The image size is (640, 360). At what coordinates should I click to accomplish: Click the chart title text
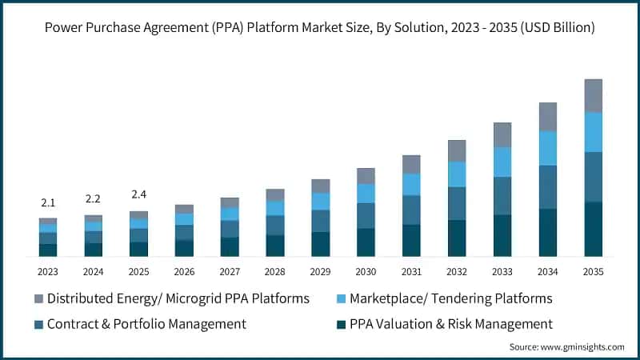pyautogui.click(x=320, y=27)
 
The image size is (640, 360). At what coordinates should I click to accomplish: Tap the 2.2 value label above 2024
pyautogui.click(x=94, y=199)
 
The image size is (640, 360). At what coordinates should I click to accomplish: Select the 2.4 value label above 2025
pyautogui.click(x=139, y=194)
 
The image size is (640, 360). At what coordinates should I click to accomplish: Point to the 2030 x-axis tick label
pyautogui.click(x=366, y=271)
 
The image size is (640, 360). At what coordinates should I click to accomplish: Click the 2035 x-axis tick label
pyautogui.click(x=593, y=271)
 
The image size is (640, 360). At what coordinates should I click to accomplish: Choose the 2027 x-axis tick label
pyautogui.click(x=230, y=271)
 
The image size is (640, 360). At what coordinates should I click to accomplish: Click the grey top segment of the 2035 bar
pyautogui.click(x=593, y=95)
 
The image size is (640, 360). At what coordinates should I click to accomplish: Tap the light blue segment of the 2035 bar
pyautogui.click(x=593, y=132)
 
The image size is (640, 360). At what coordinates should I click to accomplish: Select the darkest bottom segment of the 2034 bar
pyautogui.click(x=547, y=233)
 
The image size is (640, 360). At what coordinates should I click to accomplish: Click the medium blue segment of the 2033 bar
pyautogui.click(x=502, y=196)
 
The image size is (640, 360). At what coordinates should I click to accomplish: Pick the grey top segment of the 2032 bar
pyautogui.click(x=457, y=150)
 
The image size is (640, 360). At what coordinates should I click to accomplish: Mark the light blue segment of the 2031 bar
pyautogui.click(x=411, y=185)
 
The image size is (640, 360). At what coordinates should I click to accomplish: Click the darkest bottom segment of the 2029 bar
pyautogui.click(x=320, y=244)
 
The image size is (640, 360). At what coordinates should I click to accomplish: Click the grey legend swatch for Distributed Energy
pyautogui.click(x=38, y=299)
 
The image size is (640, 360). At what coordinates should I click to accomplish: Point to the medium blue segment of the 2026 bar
pyautogui.click(x=184, y=232)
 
